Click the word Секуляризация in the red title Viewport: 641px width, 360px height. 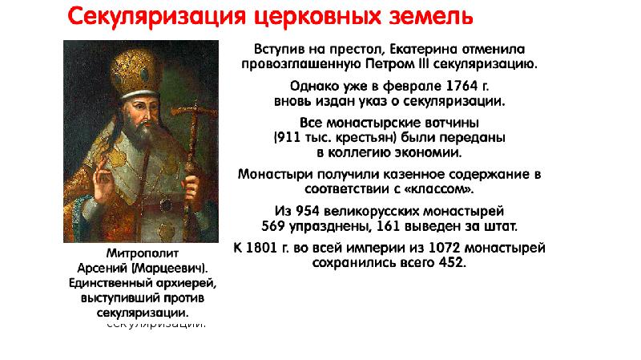(x=156, y=16)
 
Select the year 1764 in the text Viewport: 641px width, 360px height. (x=462, y=86)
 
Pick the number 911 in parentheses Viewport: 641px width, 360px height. (x=288, y=137)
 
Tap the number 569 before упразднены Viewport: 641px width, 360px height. (x=273, y=226)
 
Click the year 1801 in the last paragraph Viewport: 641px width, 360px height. (x=263, y=248)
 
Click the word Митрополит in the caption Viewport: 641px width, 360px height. (x=143, y=253)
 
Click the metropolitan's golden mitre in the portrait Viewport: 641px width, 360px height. (x=135, y=74)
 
